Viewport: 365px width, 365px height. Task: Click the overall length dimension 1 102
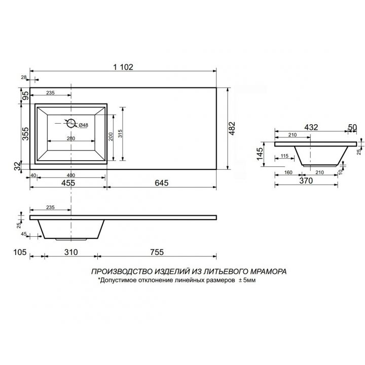tap(123, 67)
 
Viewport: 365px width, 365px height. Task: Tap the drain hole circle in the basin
tap(71, 123)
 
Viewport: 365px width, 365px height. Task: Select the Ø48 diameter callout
tap(83, 125)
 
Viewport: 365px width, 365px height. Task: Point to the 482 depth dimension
tap(232, 128)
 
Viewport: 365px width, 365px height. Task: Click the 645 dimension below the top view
tap(162, 183)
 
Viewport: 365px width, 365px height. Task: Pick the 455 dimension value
tap(68, 183)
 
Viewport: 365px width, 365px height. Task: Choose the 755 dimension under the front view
tap(157, 252)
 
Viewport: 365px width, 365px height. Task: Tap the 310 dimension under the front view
tap(71, 252)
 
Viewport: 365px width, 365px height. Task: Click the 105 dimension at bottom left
tap(20, 252)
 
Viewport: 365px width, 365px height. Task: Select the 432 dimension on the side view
tap(311, 127)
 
